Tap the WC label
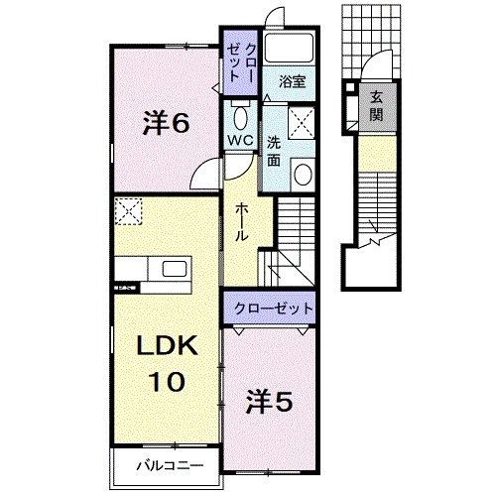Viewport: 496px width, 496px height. point(241,140)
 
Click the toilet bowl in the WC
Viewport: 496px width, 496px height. point(240,111)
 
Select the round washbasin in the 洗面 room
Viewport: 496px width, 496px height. point(303,176)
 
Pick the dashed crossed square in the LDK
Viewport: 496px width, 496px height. point(128,210)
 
